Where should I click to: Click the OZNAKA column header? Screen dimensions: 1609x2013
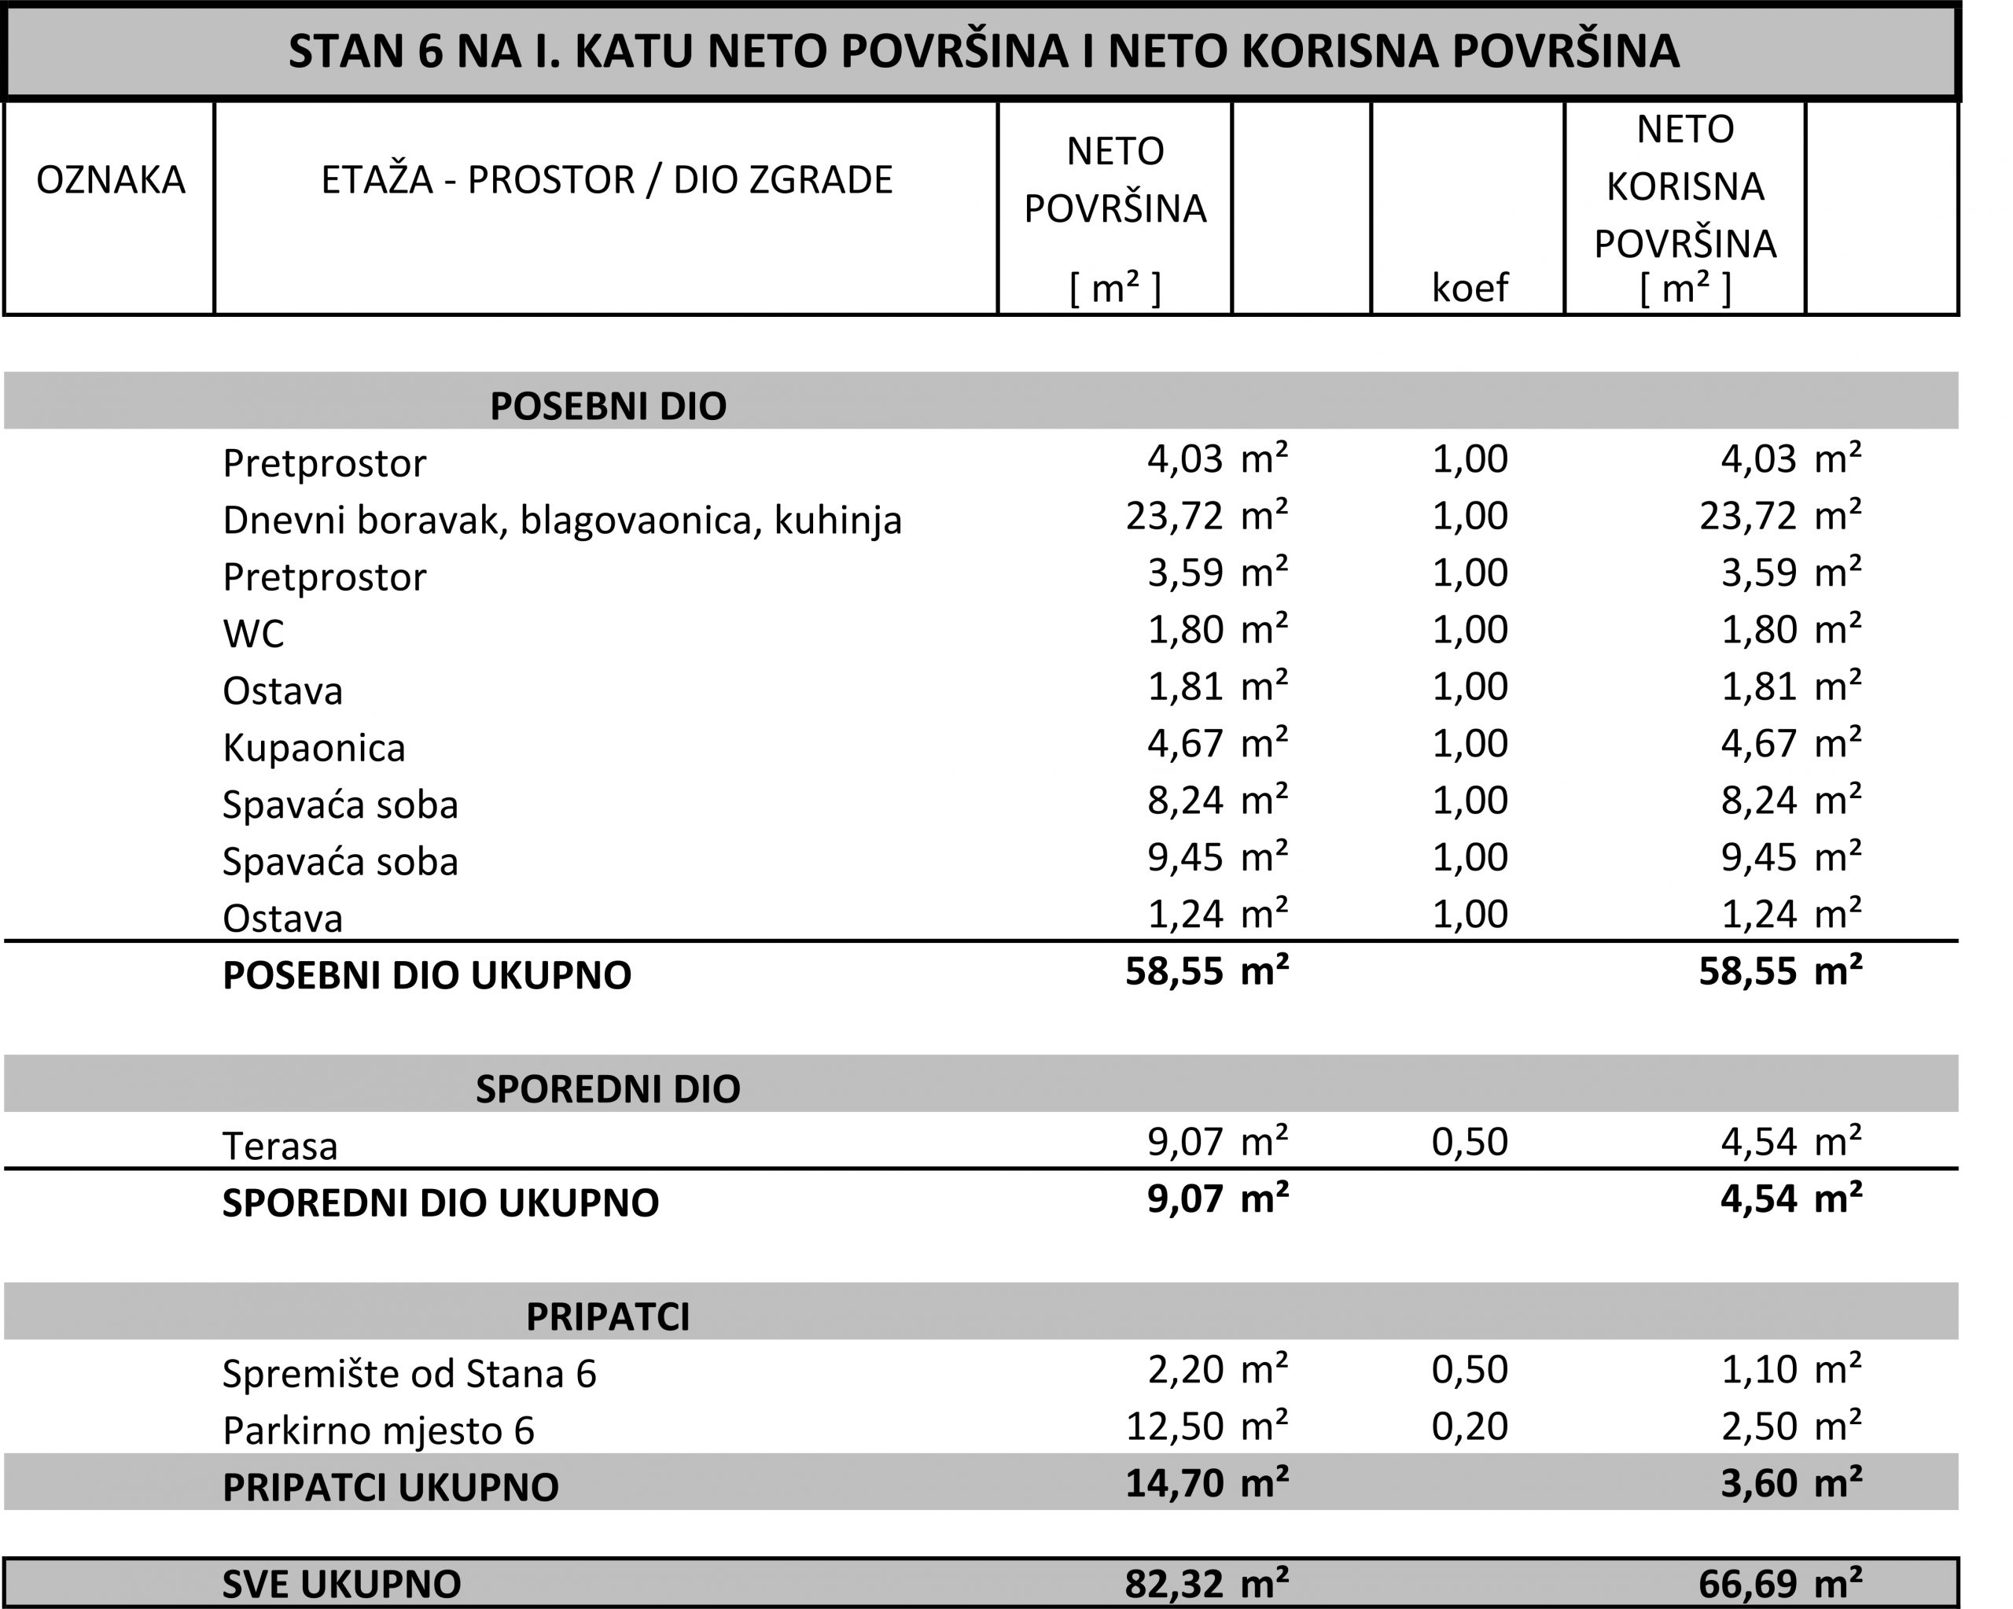[x=110, y=179]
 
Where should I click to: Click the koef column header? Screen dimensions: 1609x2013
[x=1469, y=287]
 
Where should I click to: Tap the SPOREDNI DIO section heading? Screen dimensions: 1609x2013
[x=608, y=1089]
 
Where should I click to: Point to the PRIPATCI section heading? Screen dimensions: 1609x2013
[x=608, y=1316]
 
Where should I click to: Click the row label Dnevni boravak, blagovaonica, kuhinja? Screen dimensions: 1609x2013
[x=562, y=520]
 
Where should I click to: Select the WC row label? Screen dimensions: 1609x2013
[x=253, y=634]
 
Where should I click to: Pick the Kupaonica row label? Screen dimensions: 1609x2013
[x=314, y=748]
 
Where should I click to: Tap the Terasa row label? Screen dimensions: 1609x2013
[x=280, y=1146]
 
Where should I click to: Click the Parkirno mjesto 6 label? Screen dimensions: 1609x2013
[x=378, y=1430]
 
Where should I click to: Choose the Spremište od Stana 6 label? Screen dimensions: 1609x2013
[x=409, y=1374]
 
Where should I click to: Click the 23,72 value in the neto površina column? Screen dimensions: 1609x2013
[x=1174, y=515]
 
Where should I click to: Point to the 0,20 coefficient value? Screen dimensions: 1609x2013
[x=1469, y=1426]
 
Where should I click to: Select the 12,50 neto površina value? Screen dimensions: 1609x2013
[x=1174, y=1426]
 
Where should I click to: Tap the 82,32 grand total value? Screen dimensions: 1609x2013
[x=1174, y=1584]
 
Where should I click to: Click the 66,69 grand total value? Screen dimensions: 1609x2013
[x=1747, y=1584]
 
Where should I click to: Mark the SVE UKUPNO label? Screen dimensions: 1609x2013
[x=342, y=1584]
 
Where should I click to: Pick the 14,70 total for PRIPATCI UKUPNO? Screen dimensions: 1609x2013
[x=1174, y=1483]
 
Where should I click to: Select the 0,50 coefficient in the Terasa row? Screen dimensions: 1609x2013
[x=1469, y=1141]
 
